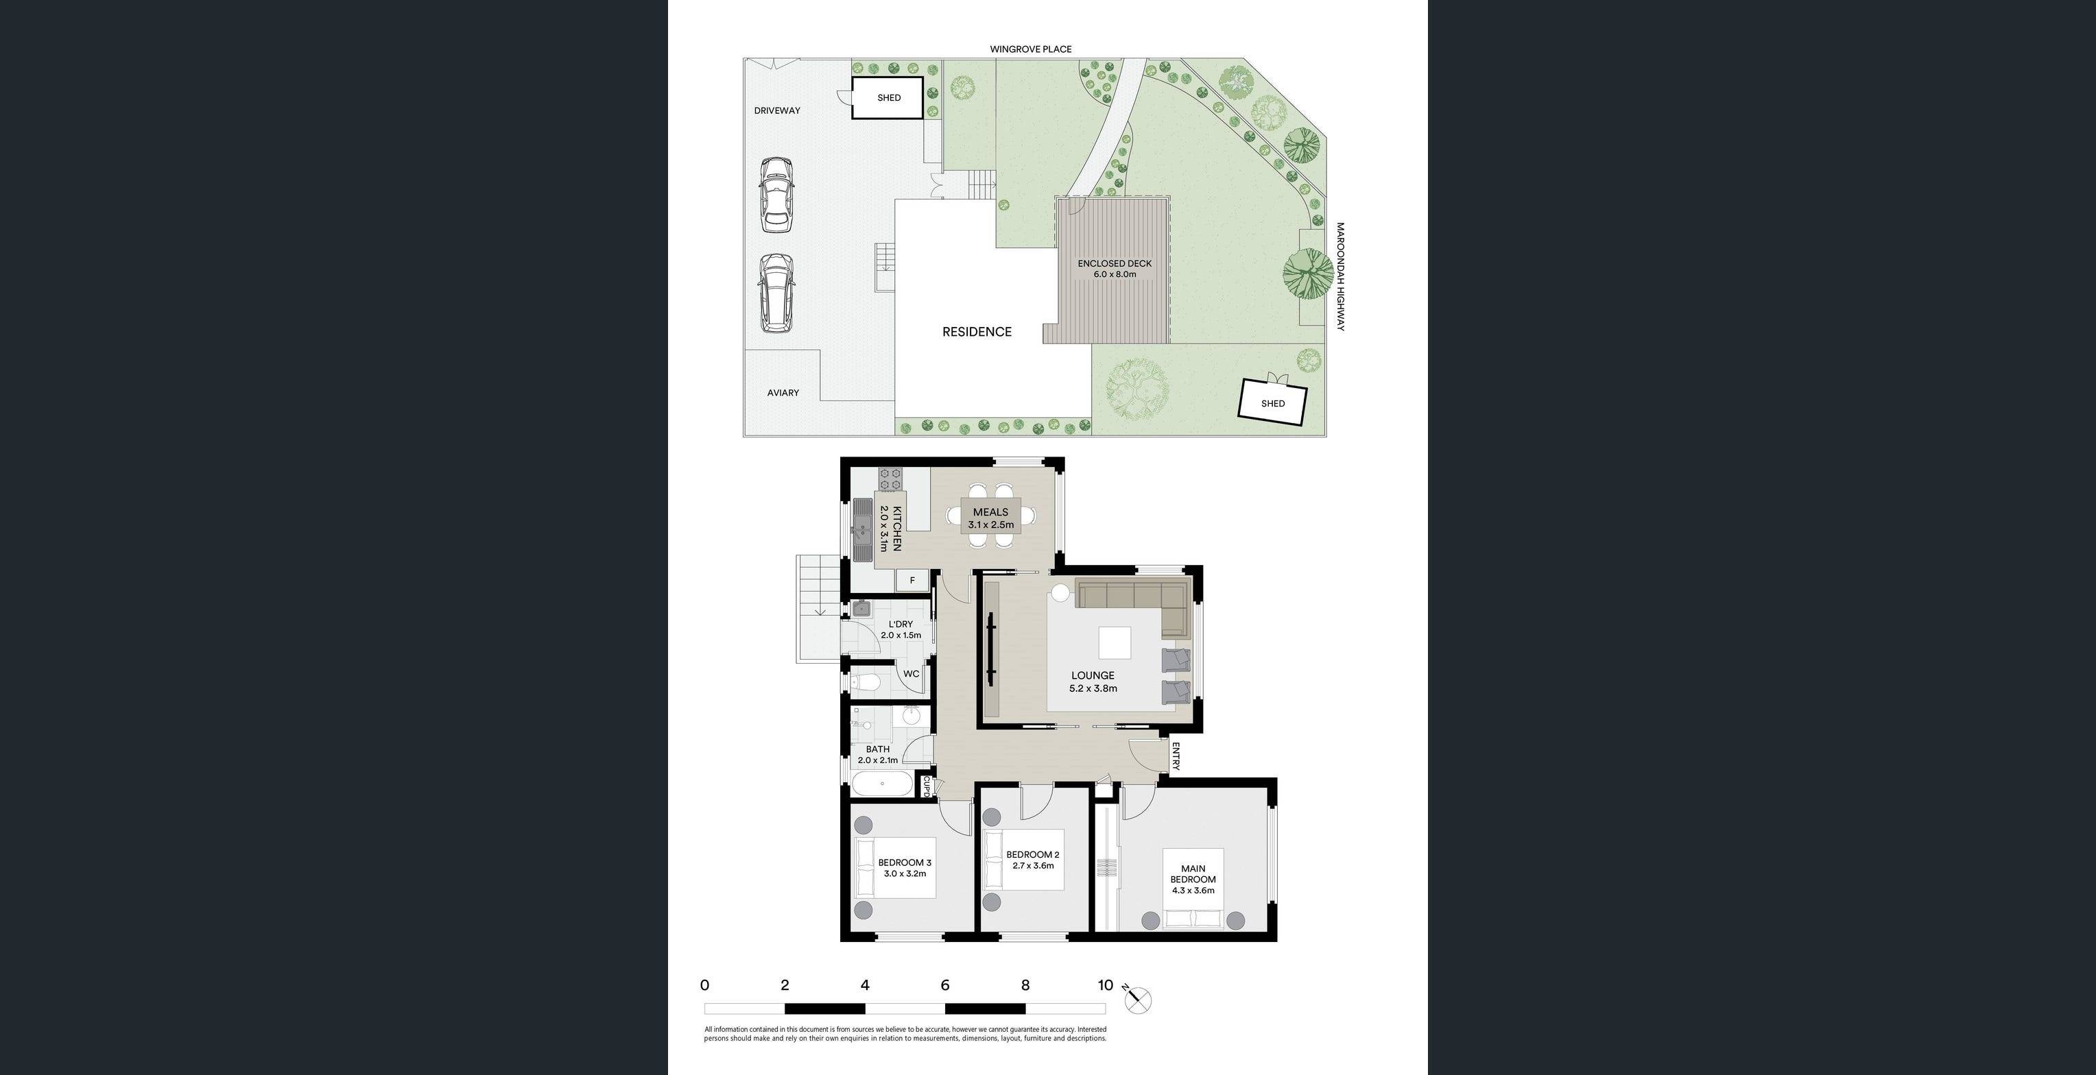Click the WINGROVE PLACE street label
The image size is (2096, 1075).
(x=1030, y=49)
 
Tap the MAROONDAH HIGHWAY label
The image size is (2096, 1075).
(x=1340, y=276)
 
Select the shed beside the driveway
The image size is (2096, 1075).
(x=888, y=97)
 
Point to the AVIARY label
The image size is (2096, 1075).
(x=783, y=393)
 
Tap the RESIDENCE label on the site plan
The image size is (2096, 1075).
(x=977, y=332)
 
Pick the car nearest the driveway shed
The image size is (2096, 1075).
(x=776, y=195)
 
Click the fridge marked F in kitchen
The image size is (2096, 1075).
(x=912, y=581)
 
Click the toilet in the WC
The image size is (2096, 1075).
(x=866, y=681)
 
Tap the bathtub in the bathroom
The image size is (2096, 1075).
(x=882, y=784)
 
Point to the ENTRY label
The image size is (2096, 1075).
(x=1175, y=756)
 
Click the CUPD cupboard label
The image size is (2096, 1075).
(x=926, y=786)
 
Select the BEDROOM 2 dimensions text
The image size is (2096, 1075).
(x=1032, y=866)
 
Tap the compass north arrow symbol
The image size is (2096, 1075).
(x=1137, y=1000)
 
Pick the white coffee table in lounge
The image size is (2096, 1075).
(x=1114, y=642)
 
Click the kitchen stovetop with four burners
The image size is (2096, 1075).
(x=891, y=479)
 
